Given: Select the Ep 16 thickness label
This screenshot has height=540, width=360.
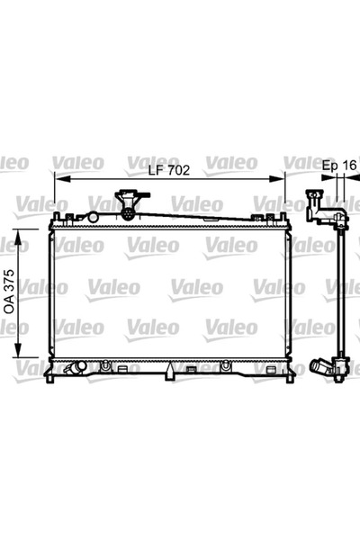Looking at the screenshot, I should coord(339,166).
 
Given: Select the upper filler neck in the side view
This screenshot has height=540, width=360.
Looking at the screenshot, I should coord(315,203).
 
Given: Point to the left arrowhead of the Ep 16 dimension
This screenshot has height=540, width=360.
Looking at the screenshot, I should coord(334,178).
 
